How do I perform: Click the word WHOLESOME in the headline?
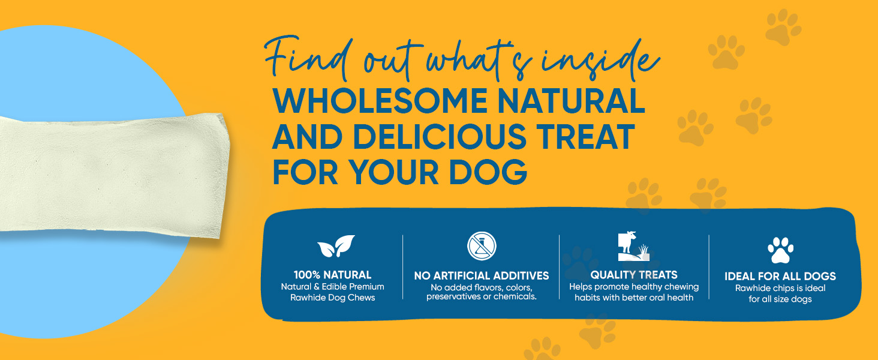pos(380,101)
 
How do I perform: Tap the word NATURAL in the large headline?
pos(571,101)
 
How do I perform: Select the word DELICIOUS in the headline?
pos(440,136)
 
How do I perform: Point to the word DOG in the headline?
pos(488,172)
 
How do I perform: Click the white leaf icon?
pos(336,246)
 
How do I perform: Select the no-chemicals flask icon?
pos(482,246)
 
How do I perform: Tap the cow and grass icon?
pos(633,246)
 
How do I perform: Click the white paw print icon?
pos(780,250)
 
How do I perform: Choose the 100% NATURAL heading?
pos(332,275)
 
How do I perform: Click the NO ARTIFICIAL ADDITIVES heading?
pos(482,275)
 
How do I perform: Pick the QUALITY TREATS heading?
pos(634,275)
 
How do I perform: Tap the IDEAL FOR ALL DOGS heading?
pos(780,276)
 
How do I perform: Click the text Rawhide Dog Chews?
pos(332,298)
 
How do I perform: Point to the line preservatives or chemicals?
pos(482,296)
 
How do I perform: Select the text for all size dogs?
pos(780,299)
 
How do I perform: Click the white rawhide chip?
pos(114,175)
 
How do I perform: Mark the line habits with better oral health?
pos(634,298)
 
